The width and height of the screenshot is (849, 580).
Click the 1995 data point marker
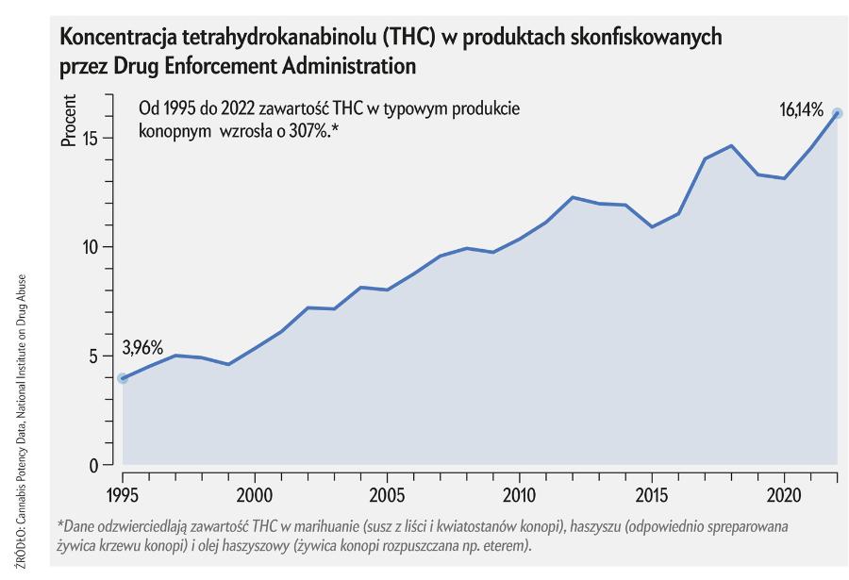123,378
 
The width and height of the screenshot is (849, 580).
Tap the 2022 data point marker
837,113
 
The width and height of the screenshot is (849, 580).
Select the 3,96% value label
143,347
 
